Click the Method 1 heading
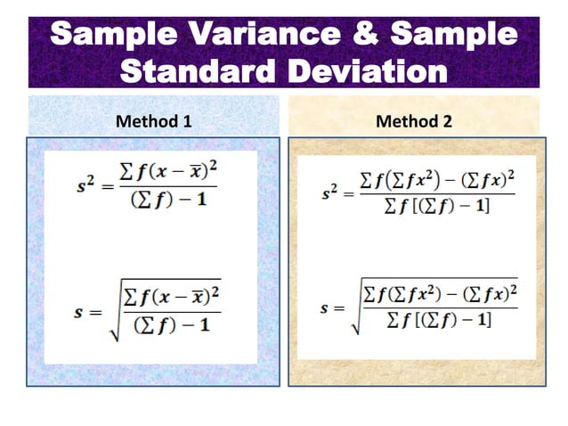tap(154, 120)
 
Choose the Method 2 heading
tap(414, 120)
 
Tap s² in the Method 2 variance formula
tap(332, 192)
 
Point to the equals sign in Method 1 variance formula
tap(110, 189)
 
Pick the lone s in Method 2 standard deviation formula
tap(324, 309)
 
